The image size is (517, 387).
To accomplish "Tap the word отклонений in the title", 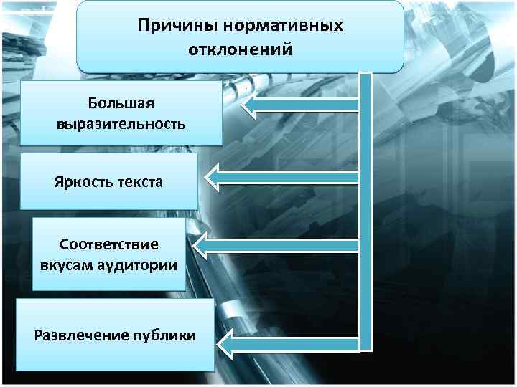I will coord(240,50).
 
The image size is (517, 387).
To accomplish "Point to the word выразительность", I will coord(121,123).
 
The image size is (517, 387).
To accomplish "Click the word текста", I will coord(138,181).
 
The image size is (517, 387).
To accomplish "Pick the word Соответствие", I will coord(109,243).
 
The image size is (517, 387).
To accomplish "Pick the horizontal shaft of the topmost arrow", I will coord(309,107).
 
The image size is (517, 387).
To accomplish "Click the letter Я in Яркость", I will coord(58,181).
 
